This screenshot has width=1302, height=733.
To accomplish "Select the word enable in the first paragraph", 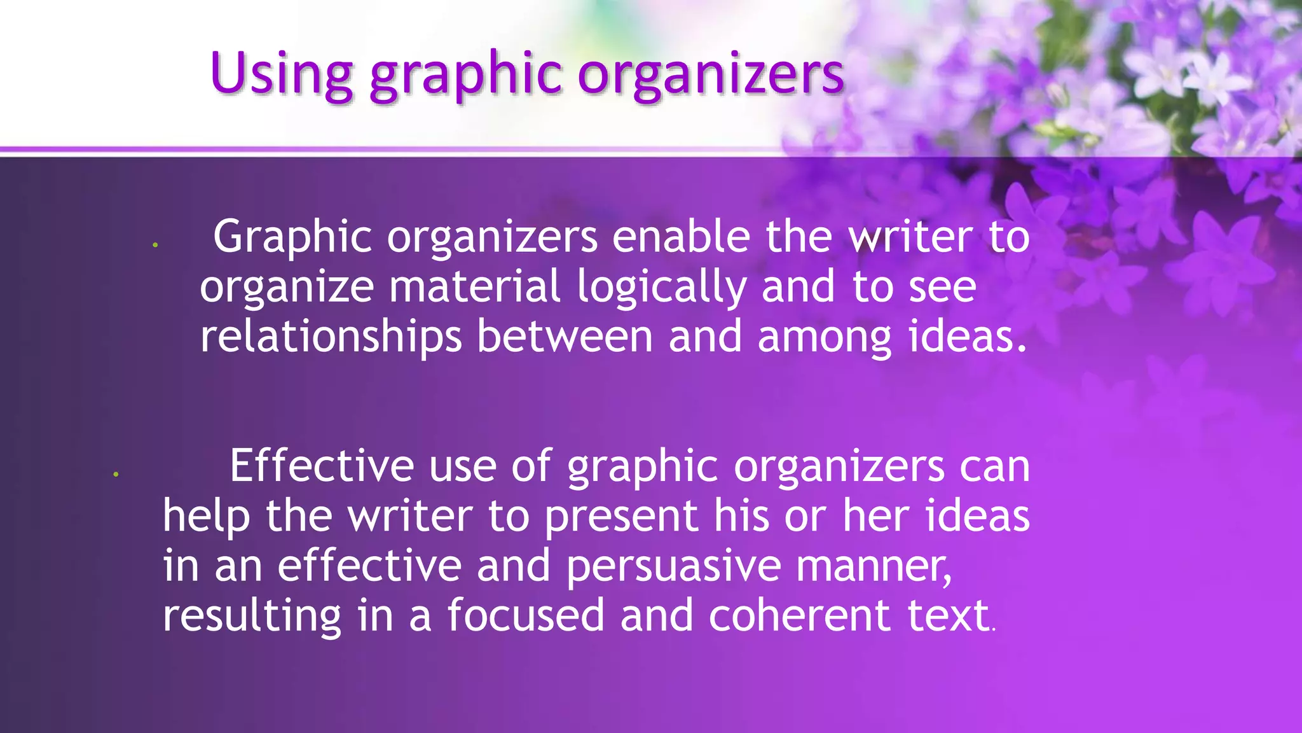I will coord(681,237).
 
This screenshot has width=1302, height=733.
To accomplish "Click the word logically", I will coord(661,288).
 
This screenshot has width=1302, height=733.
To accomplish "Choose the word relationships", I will coord(331,337).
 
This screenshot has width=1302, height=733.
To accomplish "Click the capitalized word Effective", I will coord(322,466).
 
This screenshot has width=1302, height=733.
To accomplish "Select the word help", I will coord(206,517).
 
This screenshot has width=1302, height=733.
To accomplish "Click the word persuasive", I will coord(673,566).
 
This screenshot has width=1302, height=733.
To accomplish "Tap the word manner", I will coord(874,566).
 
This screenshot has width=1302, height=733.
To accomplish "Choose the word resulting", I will coord(252,616).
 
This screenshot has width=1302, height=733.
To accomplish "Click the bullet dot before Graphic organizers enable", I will coord(155,245).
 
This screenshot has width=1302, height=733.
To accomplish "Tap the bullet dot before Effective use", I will coord(116,474).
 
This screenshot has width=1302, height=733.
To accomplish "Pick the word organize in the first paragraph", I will coord(287,288).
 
